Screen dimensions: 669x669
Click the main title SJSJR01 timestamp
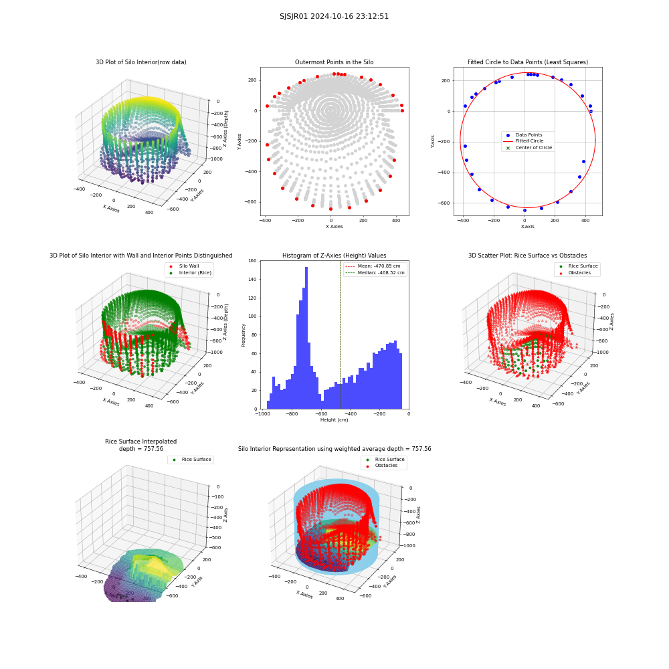coord(334,16)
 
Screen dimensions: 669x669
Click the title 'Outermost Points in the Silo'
coord(334,62)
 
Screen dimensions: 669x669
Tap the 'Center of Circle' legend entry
coord(529,148)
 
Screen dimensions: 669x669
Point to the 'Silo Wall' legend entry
coord(185,266)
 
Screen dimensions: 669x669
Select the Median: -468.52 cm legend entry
coord(375,273)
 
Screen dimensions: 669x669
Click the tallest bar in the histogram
coord(306,338)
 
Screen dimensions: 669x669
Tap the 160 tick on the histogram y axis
coord(253,261)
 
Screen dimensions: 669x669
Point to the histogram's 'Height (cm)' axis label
coord(334,420)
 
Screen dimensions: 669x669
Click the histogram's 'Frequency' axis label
coord(244,335)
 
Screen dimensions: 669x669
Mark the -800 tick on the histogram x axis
coord(292,414)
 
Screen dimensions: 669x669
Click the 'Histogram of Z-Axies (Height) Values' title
coord(334,256)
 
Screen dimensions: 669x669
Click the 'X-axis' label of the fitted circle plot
coord(527,227)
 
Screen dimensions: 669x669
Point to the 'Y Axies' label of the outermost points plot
coord(239,141)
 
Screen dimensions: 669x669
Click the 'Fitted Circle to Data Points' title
coord(528,62)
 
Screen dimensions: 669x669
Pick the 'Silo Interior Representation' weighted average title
coord(334,449)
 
